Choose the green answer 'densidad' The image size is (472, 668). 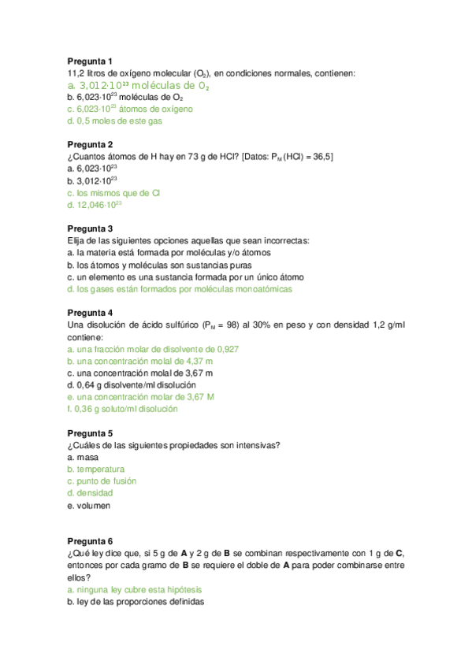[x=95, y=493]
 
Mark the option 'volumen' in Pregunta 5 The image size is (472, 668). [x=93, y=505]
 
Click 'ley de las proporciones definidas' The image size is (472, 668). [x=136, y=602]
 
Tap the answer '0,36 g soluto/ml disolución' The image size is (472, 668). [x=123, y=409]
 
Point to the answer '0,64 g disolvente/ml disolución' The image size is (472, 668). [x=132, y=385]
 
